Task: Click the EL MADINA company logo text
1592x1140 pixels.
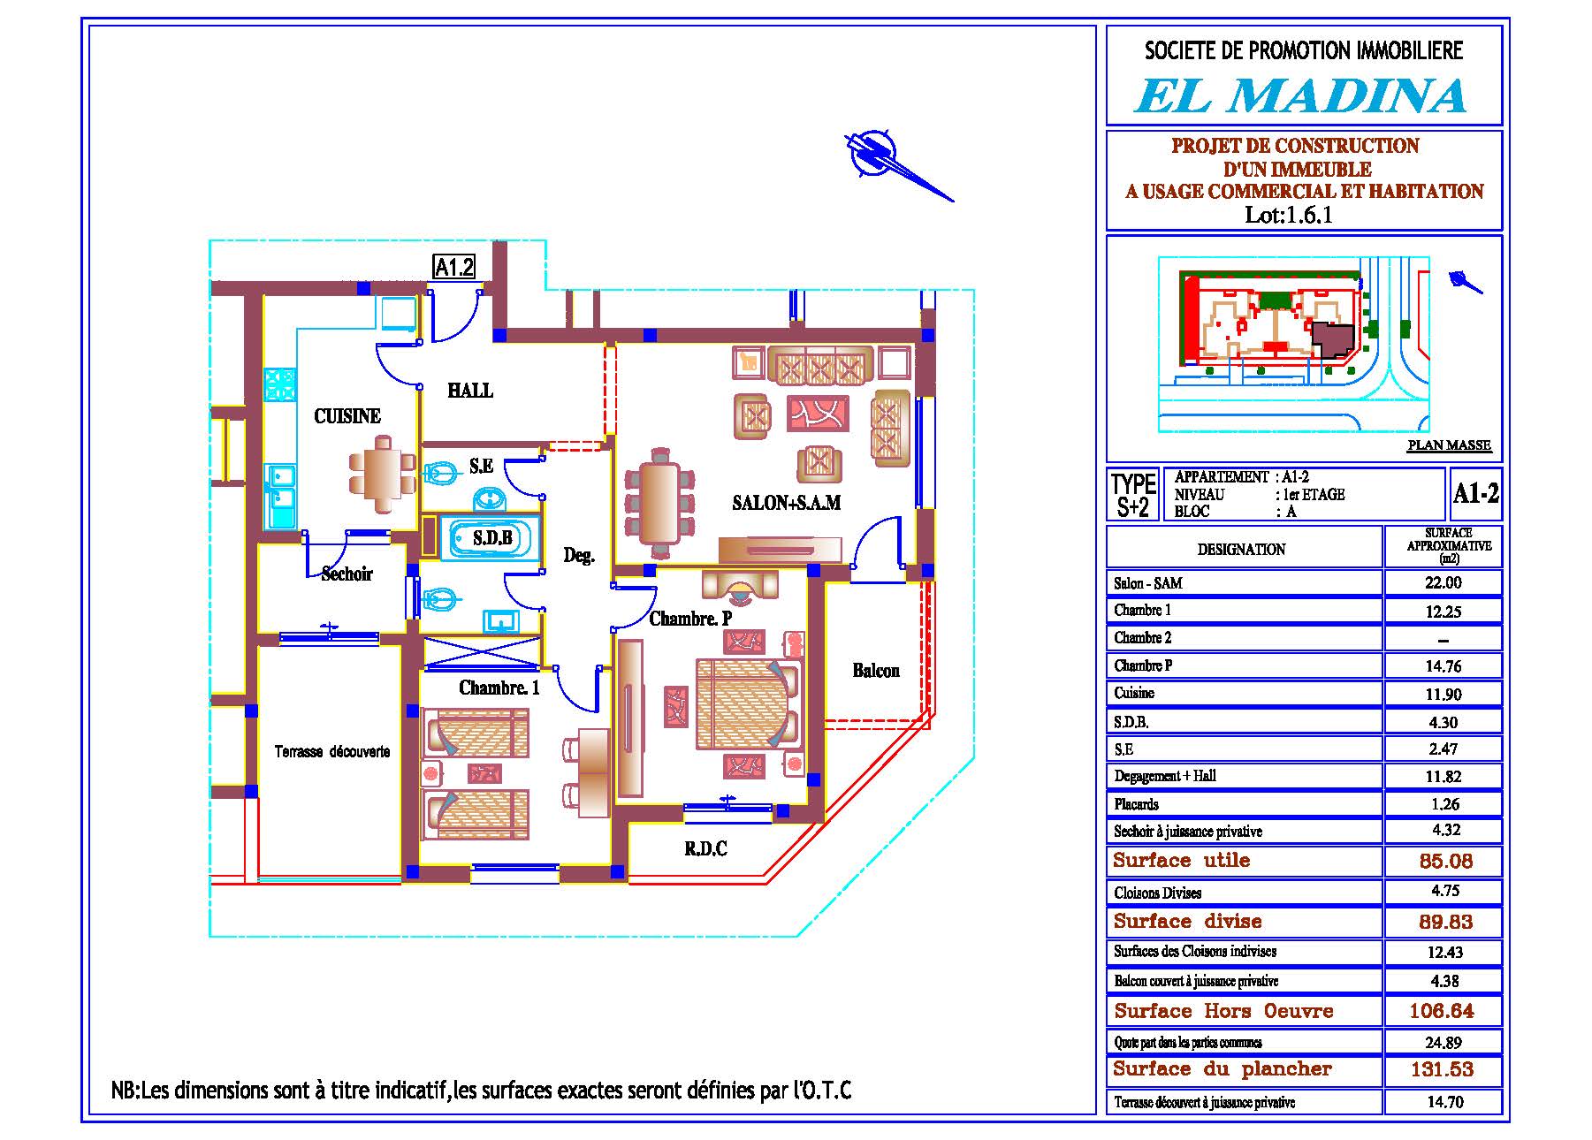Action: (1300, 95)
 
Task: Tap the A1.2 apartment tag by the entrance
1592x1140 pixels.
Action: (454, 266)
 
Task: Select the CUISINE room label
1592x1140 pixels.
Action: (347, 415)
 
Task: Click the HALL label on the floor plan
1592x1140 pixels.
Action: (470, 390)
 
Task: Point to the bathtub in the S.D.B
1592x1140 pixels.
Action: (491, 537)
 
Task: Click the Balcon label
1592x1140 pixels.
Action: (876, 671)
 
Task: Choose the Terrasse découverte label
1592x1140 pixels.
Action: (332, 752)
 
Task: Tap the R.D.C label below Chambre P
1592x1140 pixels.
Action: (705, 849)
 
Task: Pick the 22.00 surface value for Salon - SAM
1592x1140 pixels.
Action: (1443, 583)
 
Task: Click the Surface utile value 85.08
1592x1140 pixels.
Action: (1443, 861)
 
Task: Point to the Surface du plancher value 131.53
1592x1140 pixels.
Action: (1442, 1069)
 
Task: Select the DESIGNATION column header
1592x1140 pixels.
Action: (1242, 549)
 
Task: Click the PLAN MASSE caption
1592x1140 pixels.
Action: (1449, 445)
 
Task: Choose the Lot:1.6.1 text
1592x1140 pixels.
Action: (1289, 215)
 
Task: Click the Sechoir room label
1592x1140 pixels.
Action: (347, 574)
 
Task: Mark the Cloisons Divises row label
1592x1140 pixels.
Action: (1157, 893)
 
